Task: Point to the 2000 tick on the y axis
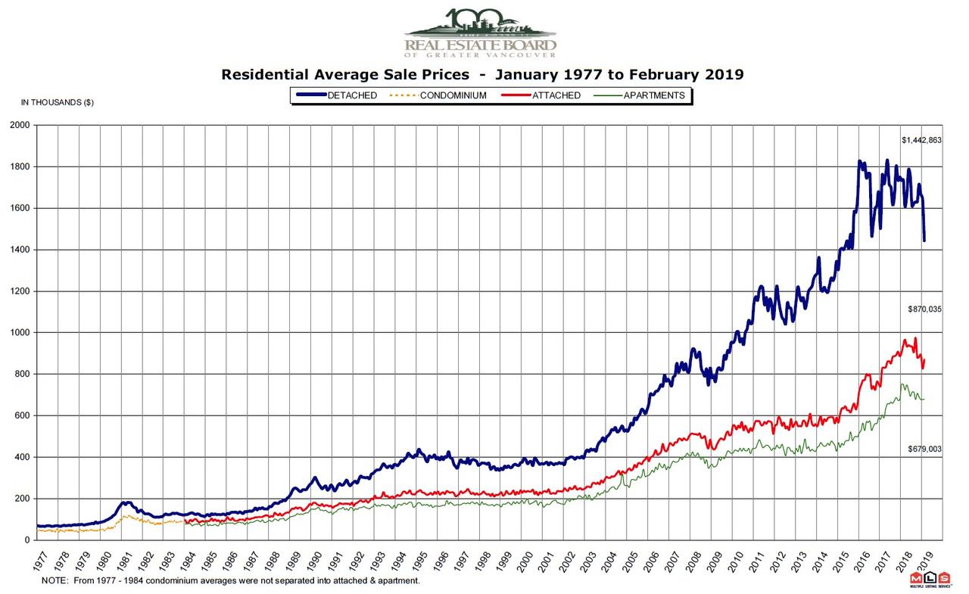19,125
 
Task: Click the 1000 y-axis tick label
19,333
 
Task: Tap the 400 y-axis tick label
22,458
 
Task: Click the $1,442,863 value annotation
921,141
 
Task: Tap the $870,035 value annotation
924,309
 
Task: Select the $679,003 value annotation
924,449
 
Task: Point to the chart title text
482,75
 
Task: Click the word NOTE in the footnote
54,581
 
